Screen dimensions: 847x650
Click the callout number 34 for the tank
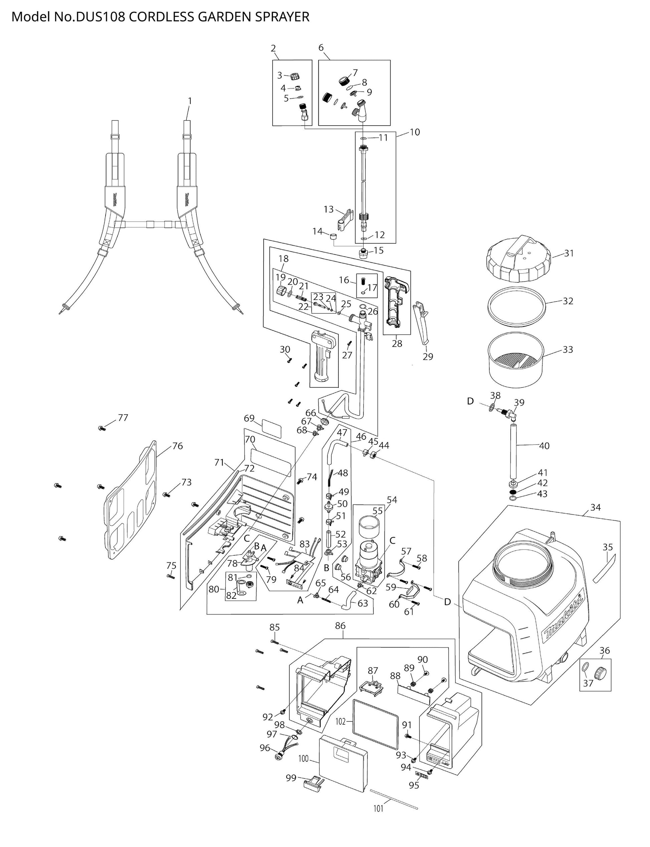596,507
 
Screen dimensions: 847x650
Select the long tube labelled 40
514,451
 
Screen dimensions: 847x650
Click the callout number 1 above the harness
190,101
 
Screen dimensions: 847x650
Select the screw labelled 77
102,428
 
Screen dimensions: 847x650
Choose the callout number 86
340,626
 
